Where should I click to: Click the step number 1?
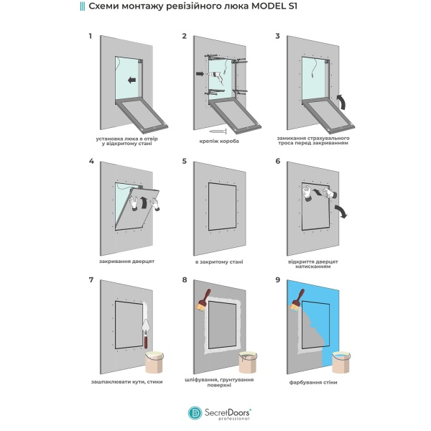(x=90, y=35)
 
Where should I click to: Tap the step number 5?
(x=184, y=162)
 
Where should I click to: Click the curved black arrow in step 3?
(x=342, y=101)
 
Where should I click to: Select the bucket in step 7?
(x=157, y=361)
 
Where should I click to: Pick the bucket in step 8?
(x=249, y=361)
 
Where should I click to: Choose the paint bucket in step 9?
(x=343, y=361)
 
